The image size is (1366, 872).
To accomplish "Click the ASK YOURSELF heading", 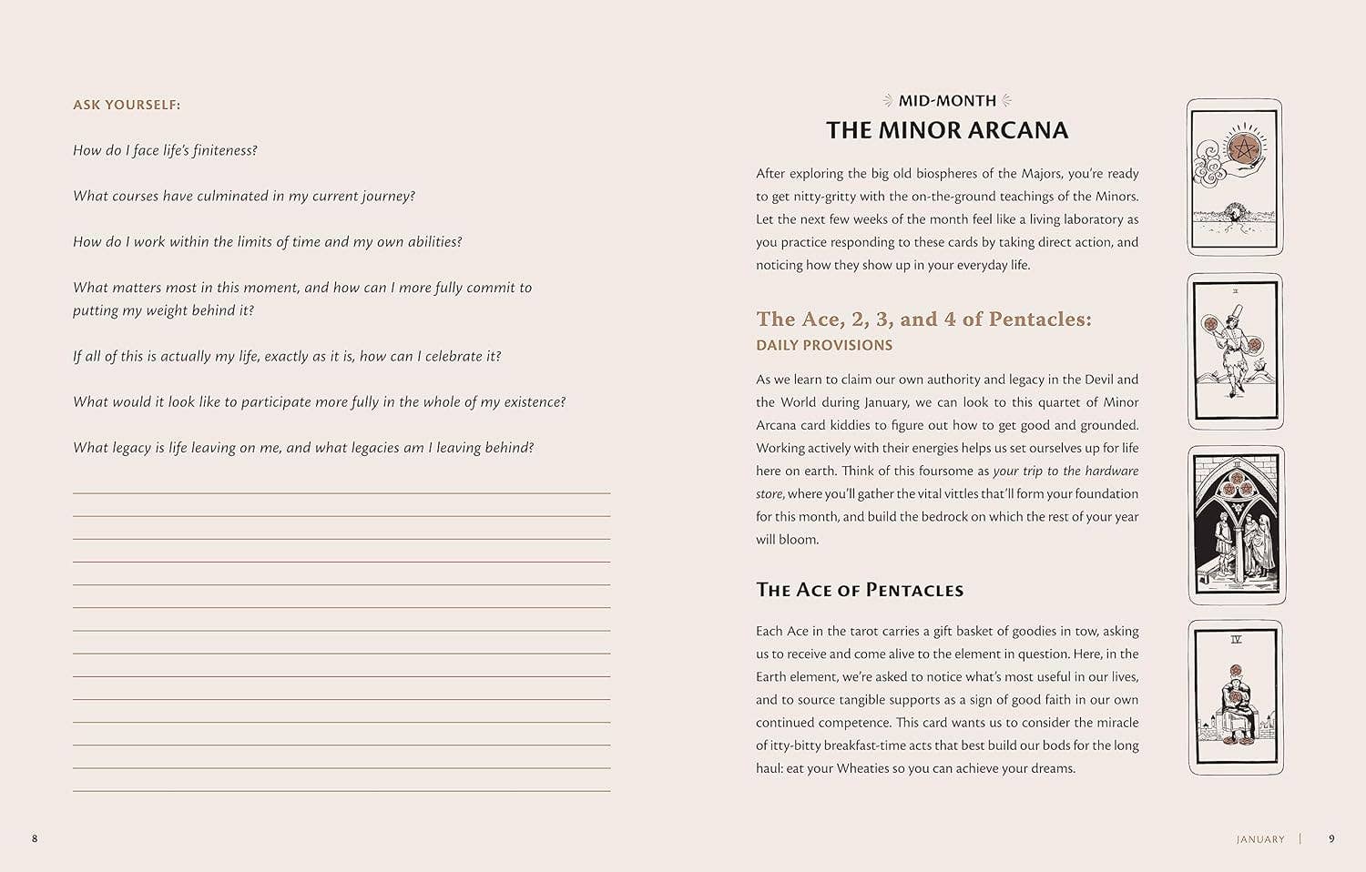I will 127,105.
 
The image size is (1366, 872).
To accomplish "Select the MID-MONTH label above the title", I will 947,101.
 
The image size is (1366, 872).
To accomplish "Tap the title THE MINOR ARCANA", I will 947,130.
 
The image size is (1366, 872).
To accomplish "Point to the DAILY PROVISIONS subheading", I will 824,345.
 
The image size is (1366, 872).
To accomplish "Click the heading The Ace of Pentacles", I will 860,590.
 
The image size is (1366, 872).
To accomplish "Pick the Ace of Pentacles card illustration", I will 1235,177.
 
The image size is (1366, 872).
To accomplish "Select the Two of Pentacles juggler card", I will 1236,351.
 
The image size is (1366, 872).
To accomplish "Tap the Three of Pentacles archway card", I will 1237,525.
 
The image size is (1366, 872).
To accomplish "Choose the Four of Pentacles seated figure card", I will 1236,697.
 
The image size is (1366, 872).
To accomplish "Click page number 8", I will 35,838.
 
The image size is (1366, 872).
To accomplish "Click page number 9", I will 1331,838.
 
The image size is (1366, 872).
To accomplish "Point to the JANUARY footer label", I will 1260,839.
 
